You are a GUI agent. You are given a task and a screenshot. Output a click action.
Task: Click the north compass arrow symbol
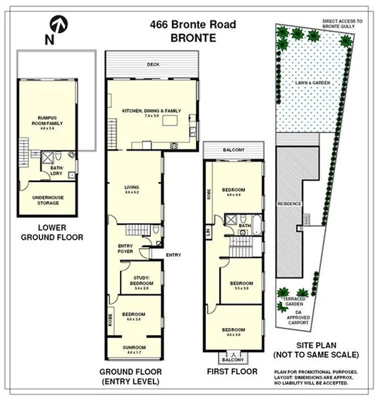(60, 27)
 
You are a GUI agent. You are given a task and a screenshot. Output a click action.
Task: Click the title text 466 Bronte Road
(193, 25)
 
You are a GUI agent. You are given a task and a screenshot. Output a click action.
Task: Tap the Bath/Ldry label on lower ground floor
(56, 170)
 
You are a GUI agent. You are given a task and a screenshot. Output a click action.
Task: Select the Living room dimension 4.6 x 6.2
(132, 193)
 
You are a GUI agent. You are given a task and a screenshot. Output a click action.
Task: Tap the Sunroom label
(133, 347)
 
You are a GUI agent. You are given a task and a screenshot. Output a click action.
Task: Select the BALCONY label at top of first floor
(233, 150)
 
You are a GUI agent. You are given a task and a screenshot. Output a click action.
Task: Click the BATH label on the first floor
(245, 226)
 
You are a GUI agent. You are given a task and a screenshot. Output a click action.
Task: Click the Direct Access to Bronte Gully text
(341, 25)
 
